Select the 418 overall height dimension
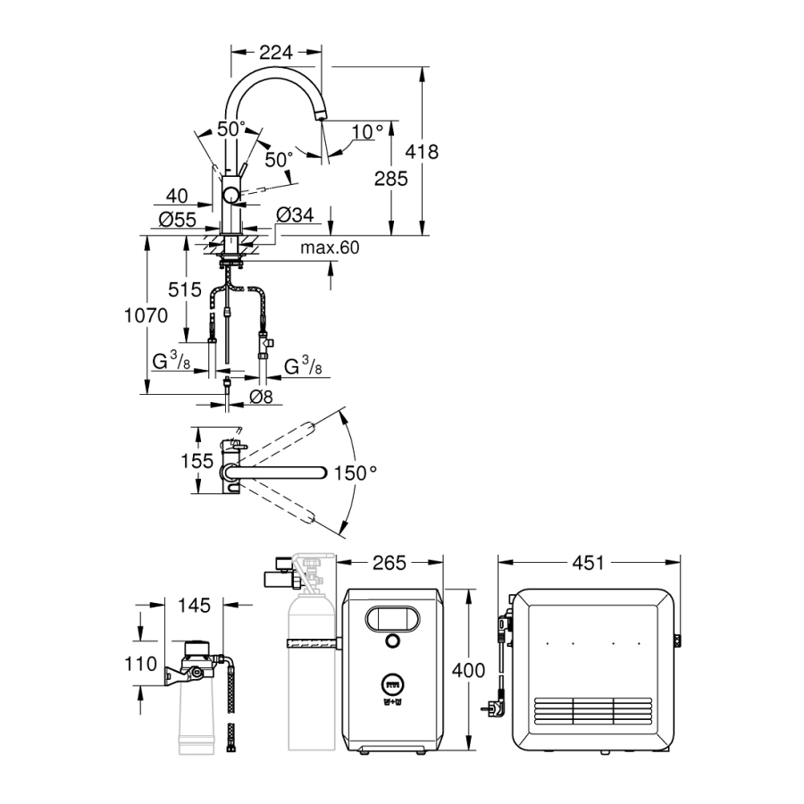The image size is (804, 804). pos(421,152)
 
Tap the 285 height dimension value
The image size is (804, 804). pos(390,179)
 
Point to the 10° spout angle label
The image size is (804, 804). pos(366,132)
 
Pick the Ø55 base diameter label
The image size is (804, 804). pos(178,220)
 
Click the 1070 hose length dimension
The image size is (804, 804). pos(145,315)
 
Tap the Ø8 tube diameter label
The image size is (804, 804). pos(262,397)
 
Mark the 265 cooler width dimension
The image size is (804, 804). pos(389,563)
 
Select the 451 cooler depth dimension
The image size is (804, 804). pos(589,563)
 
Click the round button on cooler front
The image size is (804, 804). pos(391,641)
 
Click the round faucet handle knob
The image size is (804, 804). pos(231,196)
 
